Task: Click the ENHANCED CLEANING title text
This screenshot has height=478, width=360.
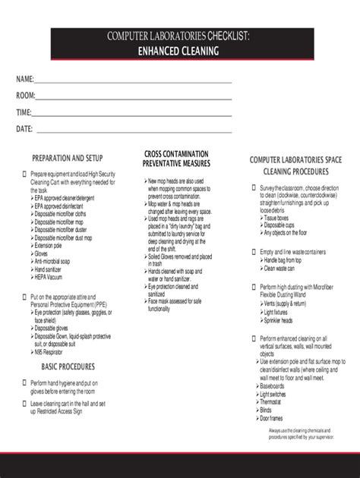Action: pyautogui.click(x=179, y=51)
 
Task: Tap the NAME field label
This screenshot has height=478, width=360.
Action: pyautogui.click(x=25, y=80)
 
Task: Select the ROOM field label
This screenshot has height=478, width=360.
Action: pyautogui.click(x=26, y=96)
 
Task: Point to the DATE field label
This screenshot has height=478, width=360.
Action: pyautogui.click(x=24, y=129)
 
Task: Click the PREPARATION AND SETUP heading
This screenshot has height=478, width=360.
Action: pyautogui.click(x=67, y=159)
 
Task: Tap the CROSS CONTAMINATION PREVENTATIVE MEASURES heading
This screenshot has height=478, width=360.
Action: pyautogui.click(x=176, y=159)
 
